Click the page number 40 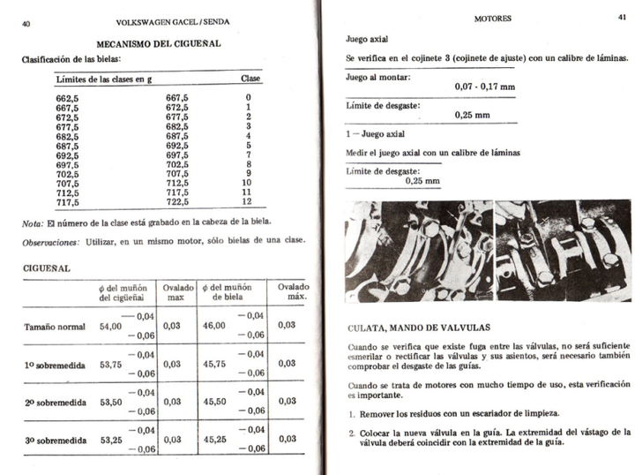[26, 25]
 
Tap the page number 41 [622, 17]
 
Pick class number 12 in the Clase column [248, 201]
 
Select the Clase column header [250, 79]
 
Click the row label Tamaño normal [55, 327]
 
